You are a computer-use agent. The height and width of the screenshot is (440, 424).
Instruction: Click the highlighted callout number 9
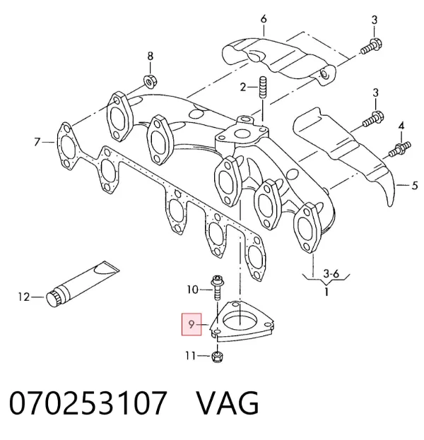(192, 324)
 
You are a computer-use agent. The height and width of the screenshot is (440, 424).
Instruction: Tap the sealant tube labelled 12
(82, 283)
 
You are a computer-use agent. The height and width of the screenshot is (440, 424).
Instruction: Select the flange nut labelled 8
(150, 81)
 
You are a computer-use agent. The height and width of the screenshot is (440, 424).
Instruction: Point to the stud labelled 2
(263, 88)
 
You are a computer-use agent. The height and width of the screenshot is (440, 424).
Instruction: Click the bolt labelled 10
(217, 287)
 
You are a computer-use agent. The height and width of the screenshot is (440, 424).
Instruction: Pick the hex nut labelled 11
(218, 357)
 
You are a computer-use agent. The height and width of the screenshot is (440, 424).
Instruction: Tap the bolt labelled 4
(400, 149)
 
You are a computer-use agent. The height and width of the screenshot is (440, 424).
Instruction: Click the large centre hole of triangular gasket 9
(240, 323)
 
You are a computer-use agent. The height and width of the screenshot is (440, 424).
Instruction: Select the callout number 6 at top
(264, 19)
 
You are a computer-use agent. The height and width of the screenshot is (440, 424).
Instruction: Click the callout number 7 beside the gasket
(37, 142)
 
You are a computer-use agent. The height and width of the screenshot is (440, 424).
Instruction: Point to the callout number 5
(414, 186)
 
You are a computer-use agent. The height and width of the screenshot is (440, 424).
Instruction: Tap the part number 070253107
(88, 403)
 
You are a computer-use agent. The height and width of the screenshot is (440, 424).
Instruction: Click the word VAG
(228, 403)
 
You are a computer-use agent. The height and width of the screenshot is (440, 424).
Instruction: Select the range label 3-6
(331, 273)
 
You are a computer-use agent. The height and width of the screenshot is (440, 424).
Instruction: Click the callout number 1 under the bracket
(326, 292)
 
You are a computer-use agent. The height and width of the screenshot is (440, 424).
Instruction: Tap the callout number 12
(24, 297)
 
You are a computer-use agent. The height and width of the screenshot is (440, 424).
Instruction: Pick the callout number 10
(193, 290)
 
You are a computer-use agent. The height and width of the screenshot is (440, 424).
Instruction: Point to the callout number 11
(190, 356)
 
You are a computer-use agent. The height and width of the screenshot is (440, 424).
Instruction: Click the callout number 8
(151, 56)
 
